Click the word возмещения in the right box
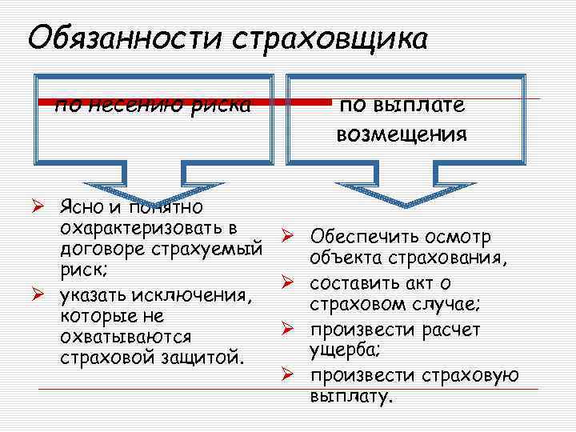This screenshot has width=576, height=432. [402, 133]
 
